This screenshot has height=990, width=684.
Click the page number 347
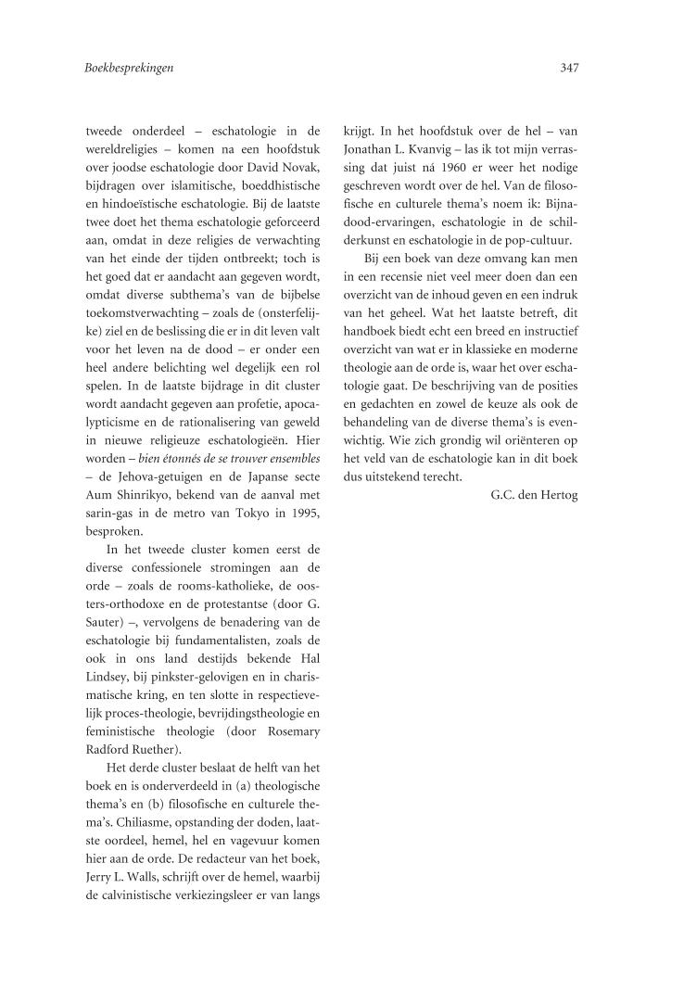pyautogui.click(x=569, y=68)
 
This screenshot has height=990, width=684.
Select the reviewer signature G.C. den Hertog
pyautogui.click(x=533, y=495)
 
